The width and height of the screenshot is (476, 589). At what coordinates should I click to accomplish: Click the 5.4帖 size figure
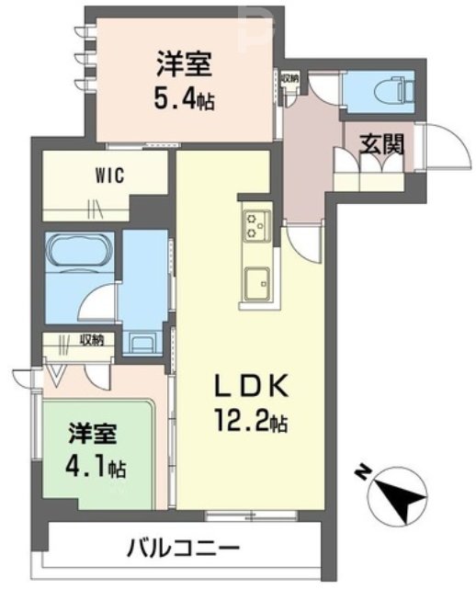(x=183, y=96)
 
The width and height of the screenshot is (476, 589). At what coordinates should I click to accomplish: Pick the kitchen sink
(x=254, y=280)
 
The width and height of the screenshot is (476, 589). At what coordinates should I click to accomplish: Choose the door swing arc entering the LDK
(x=303, y=241)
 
